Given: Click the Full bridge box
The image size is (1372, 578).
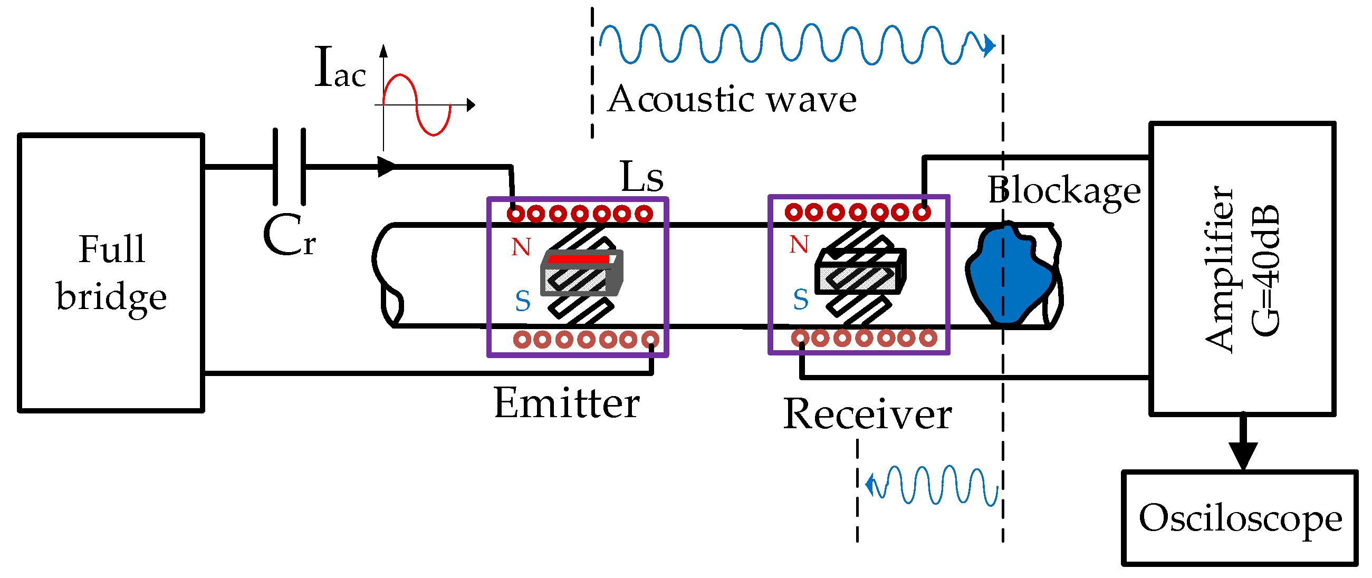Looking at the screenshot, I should [x=111, y=273].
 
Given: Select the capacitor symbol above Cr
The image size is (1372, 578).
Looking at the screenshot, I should [x=289, y=167].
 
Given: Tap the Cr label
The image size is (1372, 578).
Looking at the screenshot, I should [x=289, y=235].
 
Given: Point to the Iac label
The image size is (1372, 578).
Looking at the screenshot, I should [x=340, y=68].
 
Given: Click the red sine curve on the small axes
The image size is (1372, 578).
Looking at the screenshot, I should [x=417, y=105].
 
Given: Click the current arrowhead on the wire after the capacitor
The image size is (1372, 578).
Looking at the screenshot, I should [x=386, y=166].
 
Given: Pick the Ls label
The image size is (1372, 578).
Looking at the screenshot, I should [x=642, y=177].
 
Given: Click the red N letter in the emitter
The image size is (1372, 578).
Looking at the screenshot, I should [x=521, y=247].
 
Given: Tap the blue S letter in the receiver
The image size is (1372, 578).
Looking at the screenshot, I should [x=801, y=300].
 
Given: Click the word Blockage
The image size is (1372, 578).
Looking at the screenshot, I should [x=1063, y=191].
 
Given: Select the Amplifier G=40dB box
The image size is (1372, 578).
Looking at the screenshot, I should [x=1242, y=268].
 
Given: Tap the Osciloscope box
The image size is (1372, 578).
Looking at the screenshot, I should [x=1240, y=518].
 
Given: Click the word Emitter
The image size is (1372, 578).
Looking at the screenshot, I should [x=566, y=403].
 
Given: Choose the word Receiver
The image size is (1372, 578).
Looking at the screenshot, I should [x=867, y=415].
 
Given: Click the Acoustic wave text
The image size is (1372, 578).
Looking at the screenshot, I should [x=732, y=100].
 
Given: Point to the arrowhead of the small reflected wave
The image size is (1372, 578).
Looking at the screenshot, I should [x=870, y=485].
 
